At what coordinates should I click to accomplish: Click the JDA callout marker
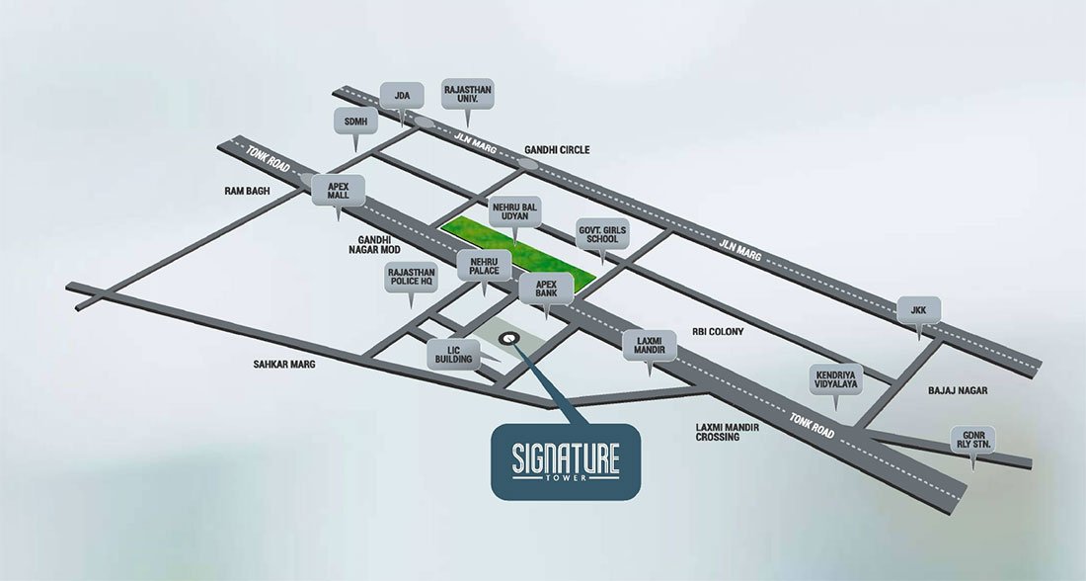pyautogui.click(x=402, y=95)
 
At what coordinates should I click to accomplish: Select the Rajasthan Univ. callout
pyautogui.click(x=468, y=95)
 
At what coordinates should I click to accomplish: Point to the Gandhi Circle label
pyautogui.click(x=557, y=150)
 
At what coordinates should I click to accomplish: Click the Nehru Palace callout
pyautogui.click(x=484, y=265)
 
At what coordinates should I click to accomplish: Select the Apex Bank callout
pyautogui.click(x=547, y=288)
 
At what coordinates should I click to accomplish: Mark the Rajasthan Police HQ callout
pyautogui.click(x=410, y=281)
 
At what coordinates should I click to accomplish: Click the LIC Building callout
pyautogui.click(x=455, y=355)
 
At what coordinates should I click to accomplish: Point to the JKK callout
pyautogui.click(x=919, y=309)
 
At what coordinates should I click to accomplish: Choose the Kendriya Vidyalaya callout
pyautogui.click(x=834, y=381)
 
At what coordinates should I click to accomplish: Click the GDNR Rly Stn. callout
pyautogui.click(x=973, y=441)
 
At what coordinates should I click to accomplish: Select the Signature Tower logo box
pyautogui.click(x=566, y=461)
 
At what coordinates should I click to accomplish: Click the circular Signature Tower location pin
pyautogui.click(x=508, y=339)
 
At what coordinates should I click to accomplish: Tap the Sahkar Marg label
pyautogui.click(x=285, y=363)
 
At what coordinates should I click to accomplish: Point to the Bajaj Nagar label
pyautogui.click(x=958, y=391)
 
